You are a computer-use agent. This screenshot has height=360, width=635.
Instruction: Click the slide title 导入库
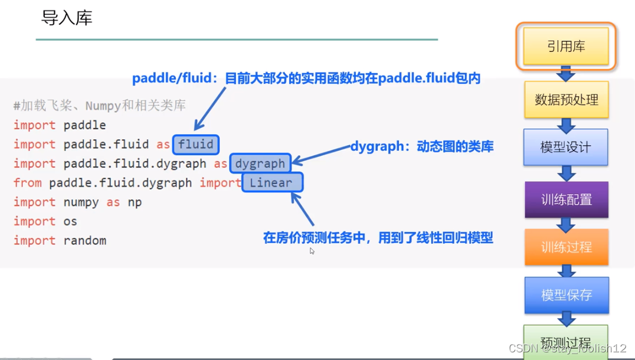67,18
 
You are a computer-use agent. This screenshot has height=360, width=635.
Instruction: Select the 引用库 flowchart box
566,46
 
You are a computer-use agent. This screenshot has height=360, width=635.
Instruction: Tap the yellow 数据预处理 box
566,100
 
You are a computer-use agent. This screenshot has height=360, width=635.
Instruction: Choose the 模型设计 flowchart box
565,147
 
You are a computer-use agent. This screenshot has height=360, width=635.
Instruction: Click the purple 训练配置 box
566,199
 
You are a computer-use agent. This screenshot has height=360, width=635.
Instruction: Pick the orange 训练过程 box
566,247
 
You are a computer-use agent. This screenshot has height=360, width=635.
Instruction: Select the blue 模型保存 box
566,294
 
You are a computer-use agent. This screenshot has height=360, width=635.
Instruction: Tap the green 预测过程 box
566,341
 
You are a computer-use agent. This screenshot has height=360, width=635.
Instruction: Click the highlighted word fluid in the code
195,145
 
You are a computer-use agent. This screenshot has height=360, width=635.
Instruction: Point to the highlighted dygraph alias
260,163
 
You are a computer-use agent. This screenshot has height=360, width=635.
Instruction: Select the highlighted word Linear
271,183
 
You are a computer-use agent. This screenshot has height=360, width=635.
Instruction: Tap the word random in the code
85,241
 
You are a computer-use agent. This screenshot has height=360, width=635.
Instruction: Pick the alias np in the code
135,202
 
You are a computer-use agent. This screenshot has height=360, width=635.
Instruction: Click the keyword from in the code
28,183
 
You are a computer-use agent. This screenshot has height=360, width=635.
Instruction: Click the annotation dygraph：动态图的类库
422,147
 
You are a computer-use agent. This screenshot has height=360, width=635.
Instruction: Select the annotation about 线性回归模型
378,238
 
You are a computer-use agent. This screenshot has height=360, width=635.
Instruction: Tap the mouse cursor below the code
312,251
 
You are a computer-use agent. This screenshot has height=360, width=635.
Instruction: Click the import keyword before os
34,221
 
